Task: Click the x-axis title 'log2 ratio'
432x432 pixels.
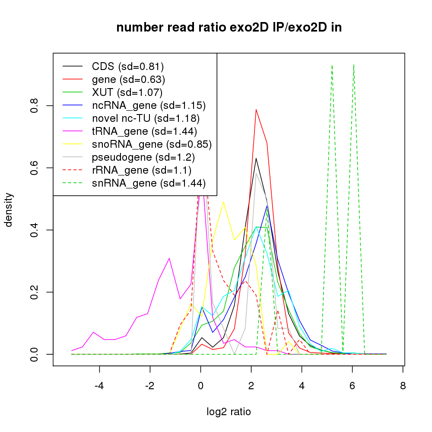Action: (229, 412)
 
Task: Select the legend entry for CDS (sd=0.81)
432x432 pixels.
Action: (128, 67)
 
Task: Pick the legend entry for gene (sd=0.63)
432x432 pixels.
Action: (128, 79)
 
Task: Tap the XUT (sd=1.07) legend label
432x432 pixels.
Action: (127, 92)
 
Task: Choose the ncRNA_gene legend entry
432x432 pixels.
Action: (149, 105)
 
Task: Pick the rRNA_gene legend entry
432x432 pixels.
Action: (142, 170)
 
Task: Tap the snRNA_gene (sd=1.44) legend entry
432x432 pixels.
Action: (149, 183)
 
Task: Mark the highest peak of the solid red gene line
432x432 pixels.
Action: (256, 109)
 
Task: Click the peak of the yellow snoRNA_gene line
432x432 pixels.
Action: (223, 202)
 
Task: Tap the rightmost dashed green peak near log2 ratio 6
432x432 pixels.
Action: (354, 65)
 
